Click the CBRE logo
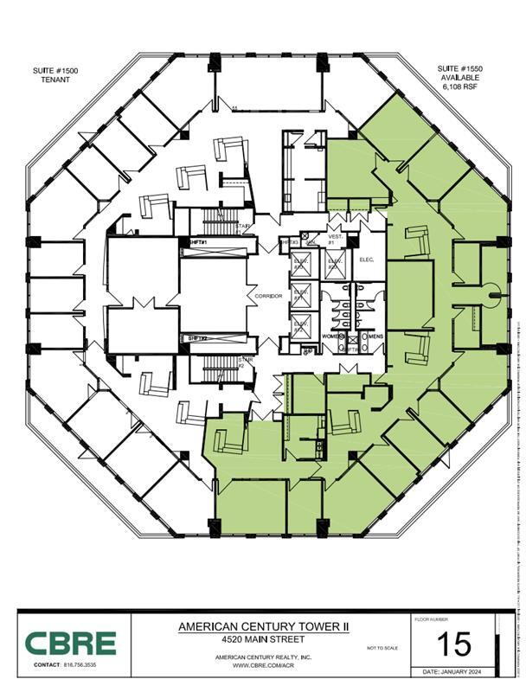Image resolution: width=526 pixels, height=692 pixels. (x=70, y=643)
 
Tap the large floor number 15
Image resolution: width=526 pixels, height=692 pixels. (x=453, y=644)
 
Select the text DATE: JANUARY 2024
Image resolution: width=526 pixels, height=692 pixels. (x=453, y=671)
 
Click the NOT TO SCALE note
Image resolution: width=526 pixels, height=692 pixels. (x=382, y=648)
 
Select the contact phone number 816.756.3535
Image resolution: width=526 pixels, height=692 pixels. (x=80, y=664)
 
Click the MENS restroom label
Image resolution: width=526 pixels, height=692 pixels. (x=375, y=336)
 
